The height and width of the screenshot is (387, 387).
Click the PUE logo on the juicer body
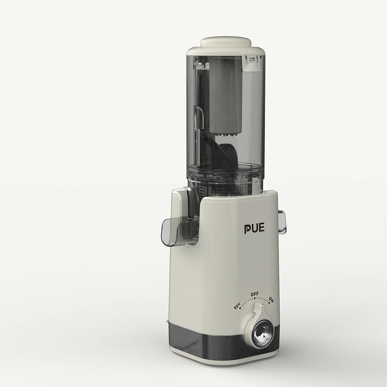point(254,228)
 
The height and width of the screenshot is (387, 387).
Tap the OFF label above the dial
point(254,294)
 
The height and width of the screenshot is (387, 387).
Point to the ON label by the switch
point(271,300)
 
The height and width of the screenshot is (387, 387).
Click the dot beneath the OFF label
point(254,299)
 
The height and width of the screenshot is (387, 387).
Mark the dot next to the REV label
point(240,308)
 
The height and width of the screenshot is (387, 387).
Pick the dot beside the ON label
point(269,303)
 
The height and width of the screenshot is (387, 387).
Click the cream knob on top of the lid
point(226,42)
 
